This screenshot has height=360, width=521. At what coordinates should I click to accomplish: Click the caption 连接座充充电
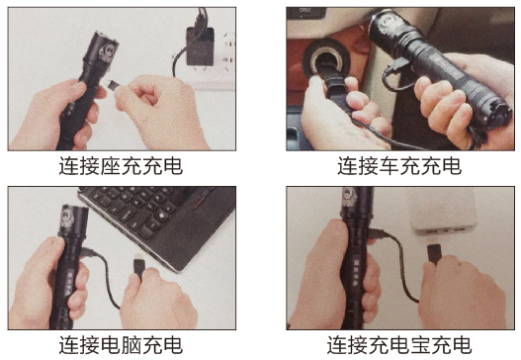(x=121, y=165)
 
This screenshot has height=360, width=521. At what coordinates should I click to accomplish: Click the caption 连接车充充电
(x=399, y=165)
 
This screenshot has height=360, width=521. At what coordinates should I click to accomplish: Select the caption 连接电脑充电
(x=121, y=345)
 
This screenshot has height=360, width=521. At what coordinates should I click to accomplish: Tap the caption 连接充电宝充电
(x=399, y=345)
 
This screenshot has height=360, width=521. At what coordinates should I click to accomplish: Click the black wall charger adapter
(x=200, y=46)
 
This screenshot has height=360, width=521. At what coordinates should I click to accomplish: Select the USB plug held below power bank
(x=434, y=253)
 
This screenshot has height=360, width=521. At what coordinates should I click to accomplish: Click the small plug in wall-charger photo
(x=114, y=86)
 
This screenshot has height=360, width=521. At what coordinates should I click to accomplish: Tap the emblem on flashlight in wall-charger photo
(x=107, y=51)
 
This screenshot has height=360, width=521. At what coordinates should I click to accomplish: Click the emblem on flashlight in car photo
(x=387, y=24)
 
